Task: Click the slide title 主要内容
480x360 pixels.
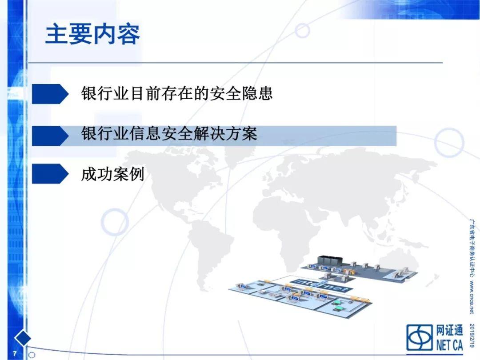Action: (92, 34)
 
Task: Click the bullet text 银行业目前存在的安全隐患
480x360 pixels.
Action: (177, 93)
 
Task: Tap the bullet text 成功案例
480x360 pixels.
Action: (112, 174)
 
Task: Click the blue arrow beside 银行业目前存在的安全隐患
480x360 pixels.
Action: (50, 94)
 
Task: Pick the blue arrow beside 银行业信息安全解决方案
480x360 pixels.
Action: (50, 136)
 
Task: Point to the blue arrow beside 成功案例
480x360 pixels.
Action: (50, 174)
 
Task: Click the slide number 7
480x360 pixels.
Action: (14, 353)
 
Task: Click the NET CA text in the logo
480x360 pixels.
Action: (449, 345)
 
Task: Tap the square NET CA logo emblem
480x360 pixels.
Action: (420, 337)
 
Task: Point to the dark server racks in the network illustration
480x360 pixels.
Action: (329, 260)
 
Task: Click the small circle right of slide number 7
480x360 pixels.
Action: (32, 355)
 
